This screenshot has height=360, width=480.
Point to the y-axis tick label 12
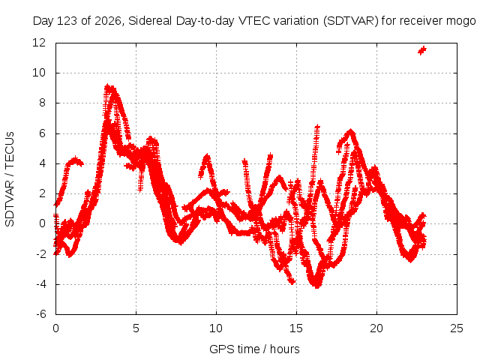39,43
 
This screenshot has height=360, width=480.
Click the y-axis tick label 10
39,73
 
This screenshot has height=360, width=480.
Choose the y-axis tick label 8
42,103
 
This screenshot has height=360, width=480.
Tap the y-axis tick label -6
41,314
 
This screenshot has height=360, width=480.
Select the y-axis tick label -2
41,254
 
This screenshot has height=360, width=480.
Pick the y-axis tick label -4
41,284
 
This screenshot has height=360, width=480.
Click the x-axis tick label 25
457,328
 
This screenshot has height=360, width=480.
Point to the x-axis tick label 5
136,328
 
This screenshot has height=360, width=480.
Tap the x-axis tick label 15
296,328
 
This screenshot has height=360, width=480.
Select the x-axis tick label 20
376,328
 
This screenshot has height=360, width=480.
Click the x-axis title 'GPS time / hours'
254,349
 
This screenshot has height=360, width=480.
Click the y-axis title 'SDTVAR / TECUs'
10,179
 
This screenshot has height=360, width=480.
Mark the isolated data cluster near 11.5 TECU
422,50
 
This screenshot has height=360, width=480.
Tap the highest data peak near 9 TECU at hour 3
108,88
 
